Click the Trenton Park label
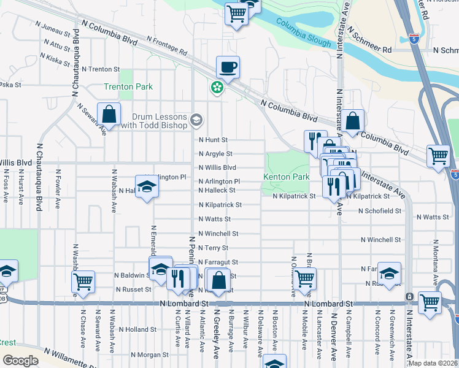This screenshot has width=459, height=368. (128, 87)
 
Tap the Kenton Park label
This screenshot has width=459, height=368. (287, 177)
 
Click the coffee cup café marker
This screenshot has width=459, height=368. (228, 67)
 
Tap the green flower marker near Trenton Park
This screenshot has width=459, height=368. (217, 88)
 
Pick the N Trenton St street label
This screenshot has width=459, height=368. (101, 69)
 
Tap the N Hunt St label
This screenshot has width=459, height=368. (213, 140)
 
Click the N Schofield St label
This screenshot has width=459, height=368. (380, 210)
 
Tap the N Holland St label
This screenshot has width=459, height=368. (138, 329)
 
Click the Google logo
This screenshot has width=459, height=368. (20, 360)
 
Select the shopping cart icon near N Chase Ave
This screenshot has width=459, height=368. (83, 282)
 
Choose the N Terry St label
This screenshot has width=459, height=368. (213, 248)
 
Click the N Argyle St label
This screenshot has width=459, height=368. (215, 154)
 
